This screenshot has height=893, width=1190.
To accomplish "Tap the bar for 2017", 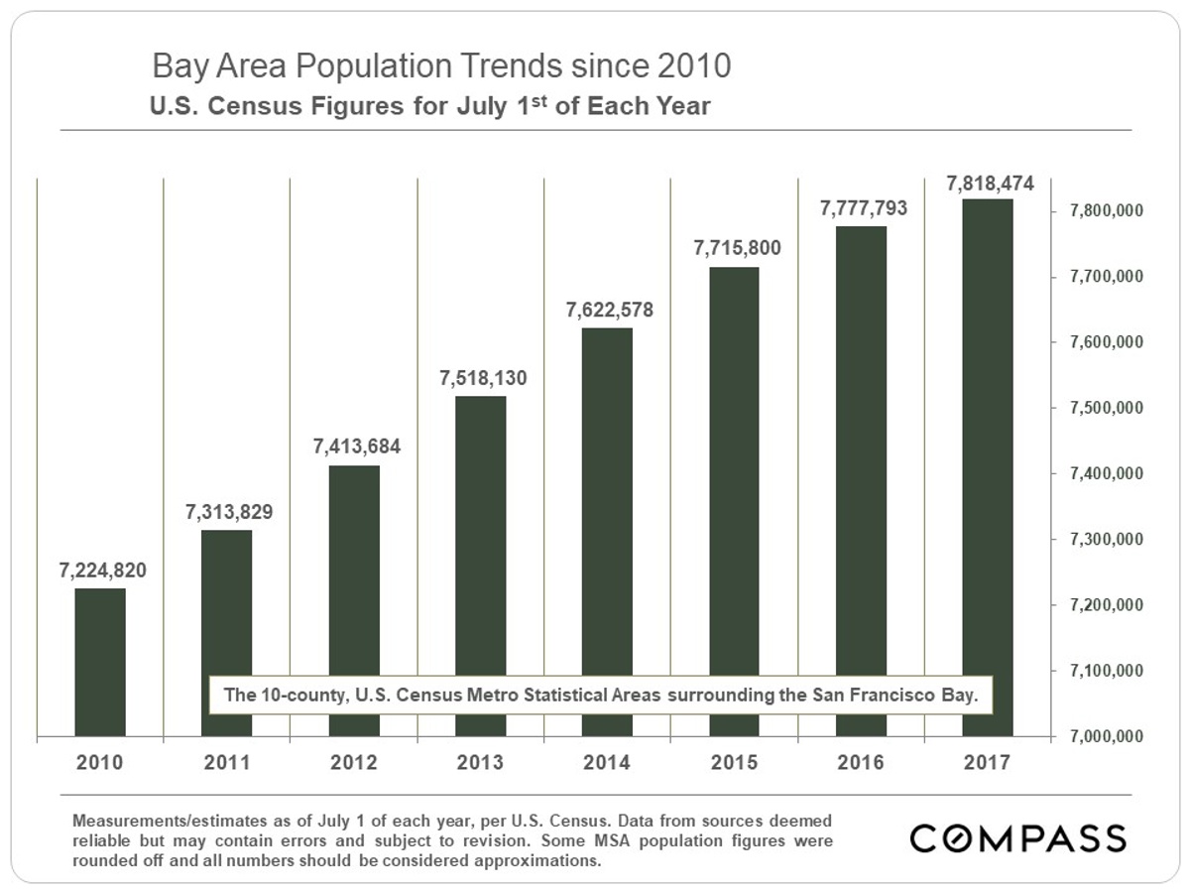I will tap(988, 467).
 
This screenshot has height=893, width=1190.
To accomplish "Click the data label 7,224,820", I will tap(101, 572).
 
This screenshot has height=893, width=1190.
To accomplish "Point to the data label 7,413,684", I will tap(356, 447).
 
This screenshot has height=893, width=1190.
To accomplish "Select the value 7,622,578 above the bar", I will tap(609, 310).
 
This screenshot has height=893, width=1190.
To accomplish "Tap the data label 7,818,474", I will tap(990, 183).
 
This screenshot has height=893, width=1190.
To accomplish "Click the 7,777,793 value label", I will tap(863, 209).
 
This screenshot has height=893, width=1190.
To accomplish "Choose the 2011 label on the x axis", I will tap(227, 763).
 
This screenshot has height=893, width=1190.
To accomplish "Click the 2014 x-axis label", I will tap(608, 763).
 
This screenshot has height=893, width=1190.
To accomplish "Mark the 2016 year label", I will tap(861, 763).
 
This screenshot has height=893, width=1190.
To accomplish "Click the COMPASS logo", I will tap(1018, 837).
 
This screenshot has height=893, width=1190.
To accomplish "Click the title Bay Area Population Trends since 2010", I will tap(441, 66).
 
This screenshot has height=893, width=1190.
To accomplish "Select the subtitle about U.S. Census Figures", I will tap(429, 105).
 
